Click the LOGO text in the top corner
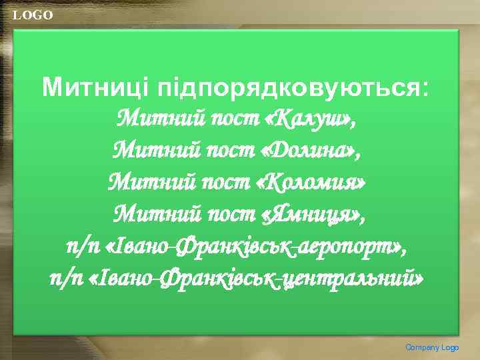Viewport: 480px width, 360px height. pos(33,15)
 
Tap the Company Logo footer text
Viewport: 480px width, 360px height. pos(432,347)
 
